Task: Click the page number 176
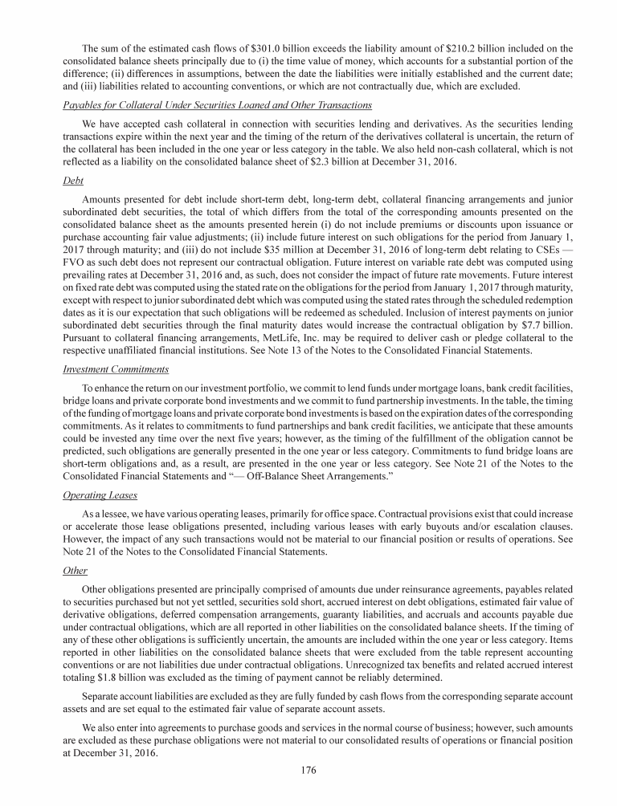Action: pos(308,771)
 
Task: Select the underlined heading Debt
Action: pos(72,181)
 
